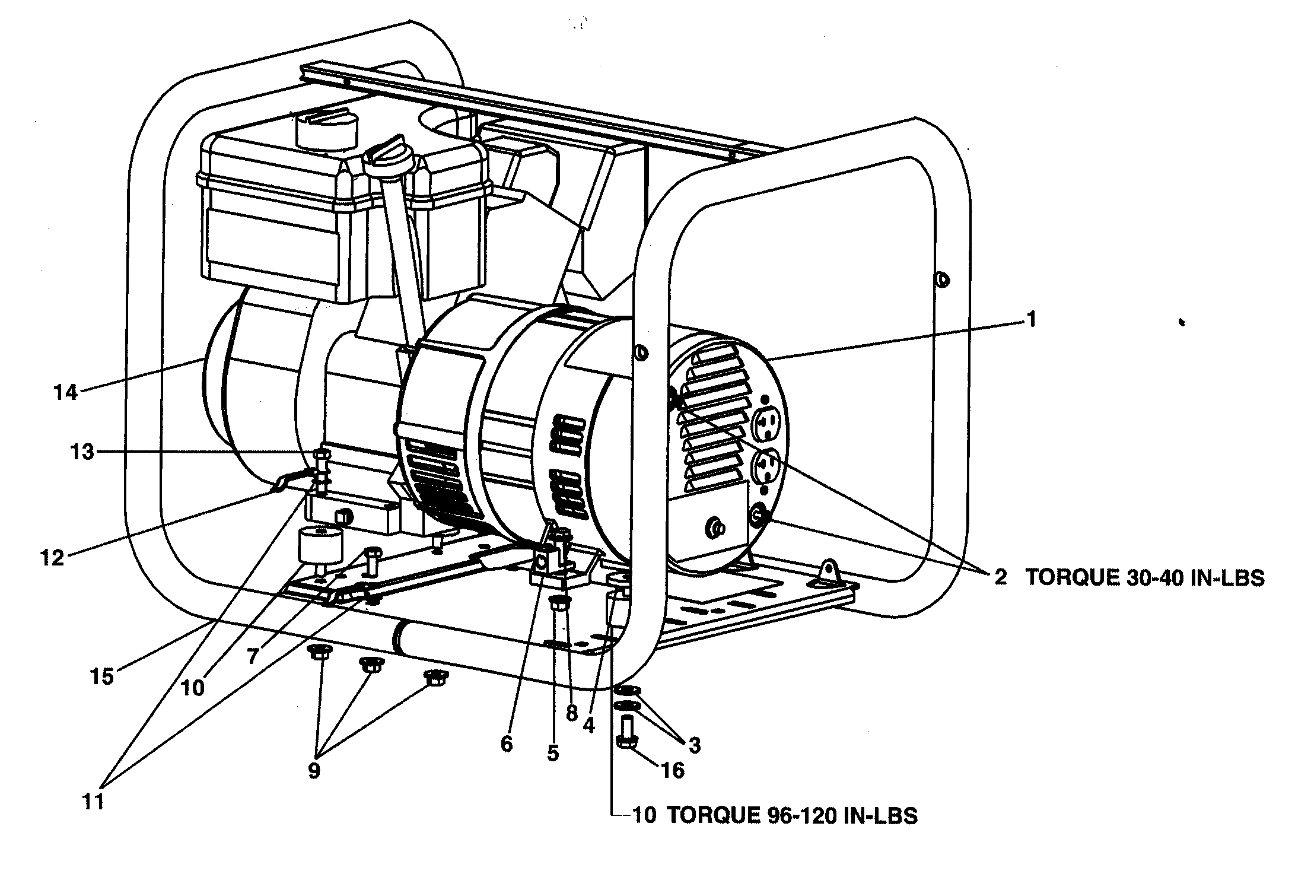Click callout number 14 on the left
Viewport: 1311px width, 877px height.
coord(66,393)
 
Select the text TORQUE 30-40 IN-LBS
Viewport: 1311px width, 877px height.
coord(1145,578)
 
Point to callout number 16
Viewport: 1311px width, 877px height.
coord(673,771)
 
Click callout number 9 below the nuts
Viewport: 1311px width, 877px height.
coord(314,771)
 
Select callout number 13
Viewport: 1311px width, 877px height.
coord(82,453)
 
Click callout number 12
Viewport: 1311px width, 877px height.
coord(52,558)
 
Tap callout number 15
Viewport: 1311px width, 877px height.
coord(102,676)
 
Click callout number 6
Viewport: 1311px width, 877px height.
coord(506,743)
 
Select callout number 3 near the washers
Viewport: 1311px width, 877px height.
coord(694,745)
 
